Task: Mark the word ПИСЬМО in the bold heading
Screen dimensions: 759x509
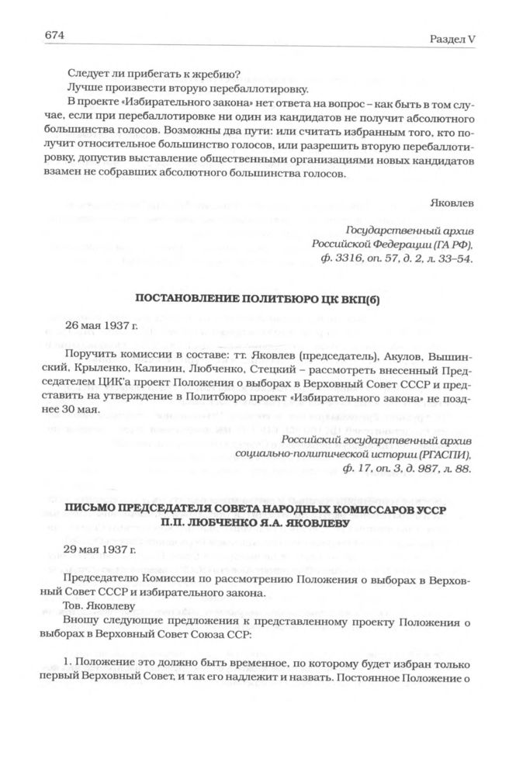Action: pos(91,508)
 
